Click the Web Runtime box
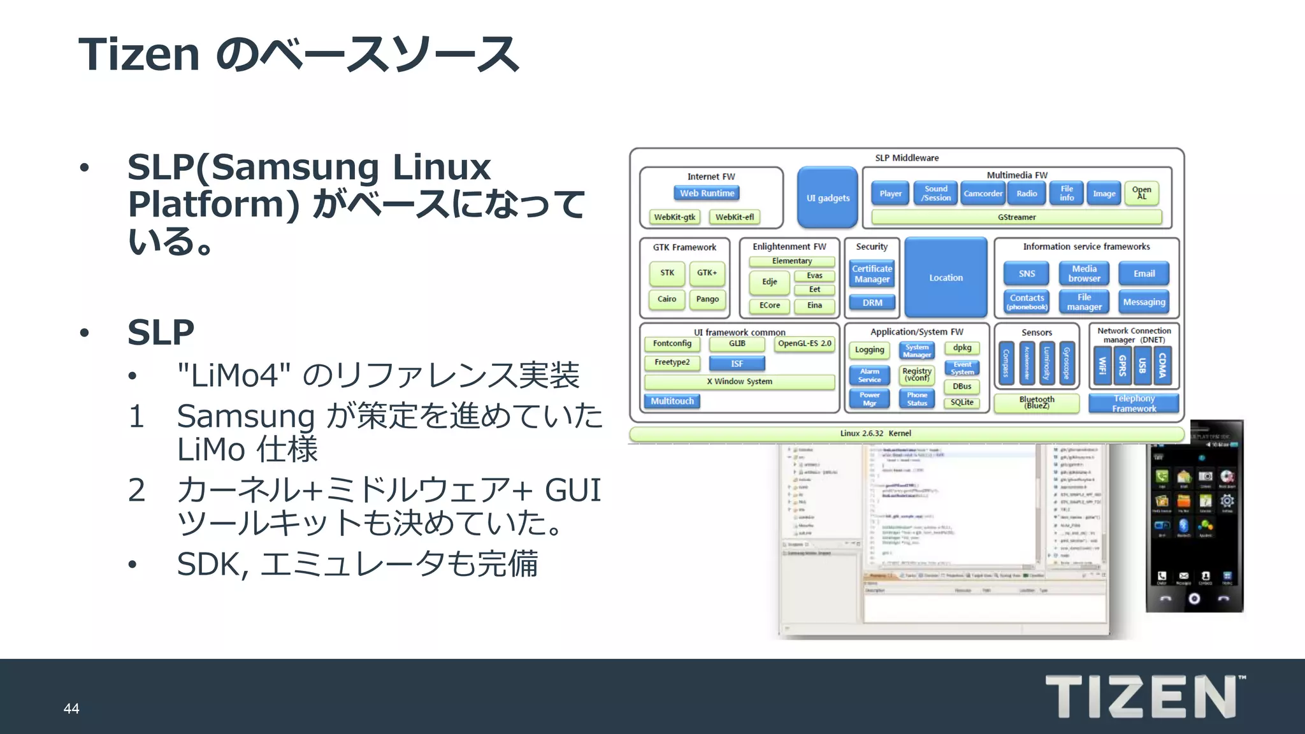click(707, 193)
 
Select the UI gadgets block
click(828, 198)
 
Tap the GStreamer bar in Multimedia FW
click(1016, 217)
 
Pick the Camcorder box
click(983, 194)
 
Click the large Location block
click(946, 278)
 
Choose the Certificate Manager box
click(872, 274)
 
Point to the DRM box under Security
click(872, 303)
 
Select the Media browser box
click(1084, 273)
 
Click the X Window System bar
click(739, 382)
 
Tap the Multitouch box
click(672, 401)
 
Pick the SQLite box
click(962, 402)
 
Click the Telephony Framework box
click(1134, 403)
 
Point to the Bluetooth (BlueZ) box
click(1036, 403)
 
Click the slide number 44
click(71, 709)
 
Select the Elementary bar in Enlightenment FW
click(791, 261)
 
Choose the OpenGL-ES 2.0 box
click(804, 343)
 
